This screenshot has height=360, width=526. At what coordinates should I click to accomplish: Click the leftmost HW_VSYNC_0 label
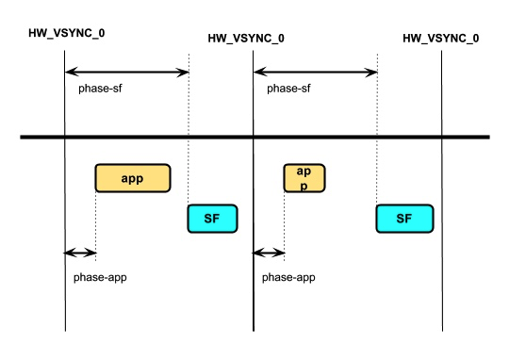click(x=67, y=33)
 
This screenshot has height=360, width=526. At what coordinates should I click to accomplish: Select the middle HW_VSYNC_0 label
click(x=246, y=39)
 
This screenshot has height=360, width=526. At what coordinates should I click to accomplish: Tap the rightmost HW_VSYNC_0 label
click(x=440, y=39)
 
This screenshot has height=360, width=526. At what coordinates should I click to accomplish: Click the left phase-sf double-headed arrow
click(x=127, y=72)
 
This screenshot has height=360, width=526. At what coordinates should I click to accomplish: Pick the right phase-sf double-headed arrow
click(x=316, y=72)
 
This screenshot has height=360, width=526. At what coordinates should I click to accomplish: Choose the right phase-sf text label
click(x=290, y=89)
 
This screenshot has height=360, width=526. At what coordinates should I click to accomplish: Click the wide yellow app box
click(x=132, y=178)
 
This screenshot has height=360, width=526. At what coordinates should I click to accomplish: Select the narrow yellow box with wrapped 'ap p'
click(x=304, y=178)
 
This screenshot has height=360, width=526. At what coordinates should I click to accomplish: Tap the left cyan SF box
click(x=212, y=218)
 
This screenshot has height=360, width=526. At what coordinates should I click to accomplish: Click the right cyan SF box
click(x=404, y=218)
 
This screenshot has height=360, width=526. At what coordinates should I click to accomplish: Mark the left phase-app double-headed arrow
click(x=80, y=253)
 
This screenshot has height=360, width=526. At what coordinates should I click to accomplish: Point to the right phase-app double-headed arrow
click(x=269, y=253)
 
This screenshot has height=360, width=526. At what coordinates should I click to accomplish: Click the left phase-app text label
click(x=100, y=278)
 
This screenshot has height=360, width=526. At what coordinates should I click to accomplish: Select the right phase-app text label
click(x=288, y=278)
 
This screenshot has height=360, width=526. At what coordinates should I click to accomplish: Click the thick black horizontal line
click(x=255, y=139)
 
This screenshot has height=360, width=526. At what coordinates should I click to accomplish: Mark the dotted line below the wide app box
click(x=96, y=221)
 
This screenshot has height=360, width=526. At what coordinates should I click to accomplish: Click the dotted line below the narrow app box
click(x=285, y=221)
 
